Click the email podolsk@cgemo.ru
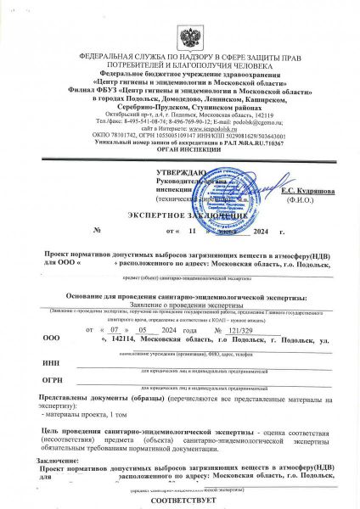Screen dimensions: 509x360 coord(256,120)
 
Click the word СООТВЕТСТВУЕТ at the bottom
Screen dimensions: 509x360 coord(179,501)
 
